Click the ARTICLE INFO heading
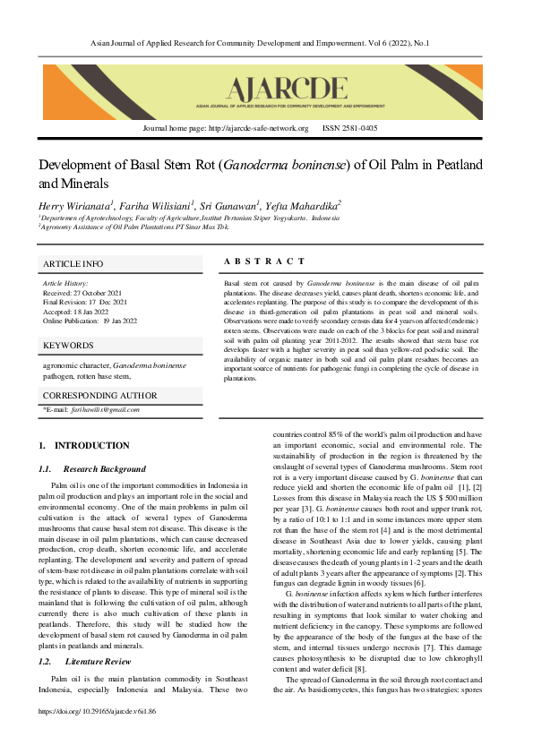pos(73,264)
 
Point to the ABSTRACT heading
pos(264,261)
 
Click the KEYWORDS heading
pos(68,345)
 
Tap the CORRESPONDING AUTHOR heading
pos(100,395)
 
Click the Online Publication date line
pos(90,320)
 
